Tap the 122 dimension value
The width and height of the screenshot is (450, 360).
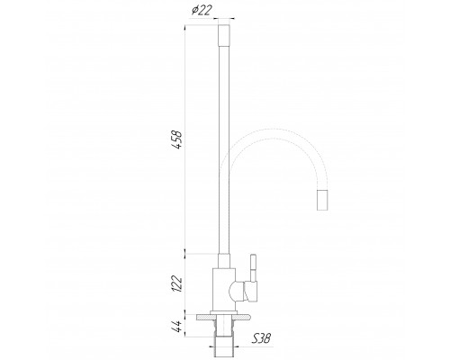point(178,283)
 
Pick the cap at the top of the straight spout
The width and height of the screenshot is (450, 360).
point(226,37)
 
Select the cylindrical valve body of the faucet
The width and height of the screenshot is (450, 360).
point(225,288)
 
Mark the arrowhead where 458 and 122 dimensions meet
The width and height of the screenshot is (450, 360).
point(186,249)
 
